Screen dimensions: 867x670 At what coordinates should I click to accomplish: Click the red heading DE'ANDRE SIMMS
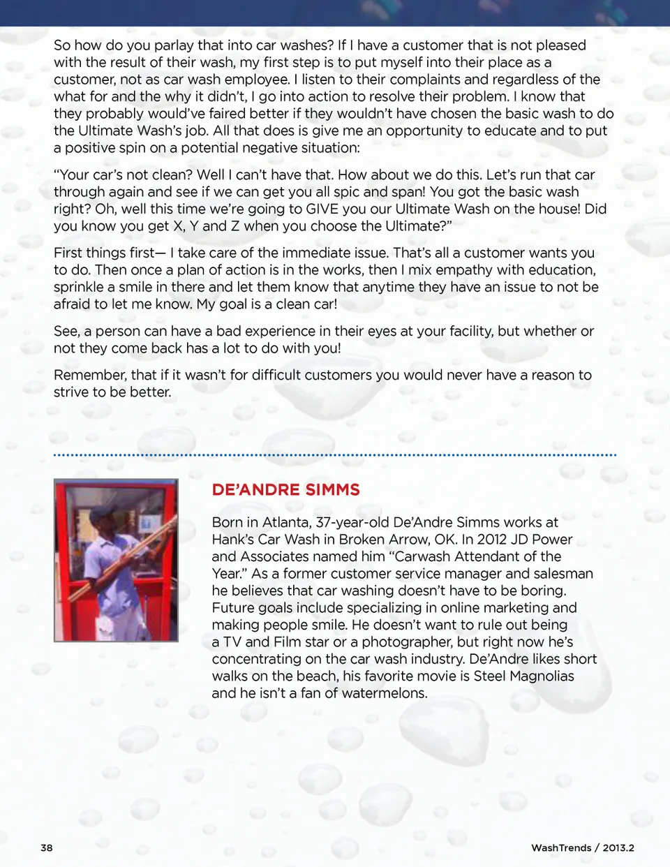click(x=285, y=489)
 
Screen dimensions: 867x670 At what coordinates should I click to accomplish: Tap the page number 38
click(x=46, y=847)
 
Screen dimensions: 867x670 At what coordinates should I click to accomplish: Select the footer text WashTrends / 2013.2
click(x=582, y=847)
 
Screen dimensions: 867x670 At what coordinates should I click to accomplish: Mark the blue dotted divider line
click(x=335, y=455)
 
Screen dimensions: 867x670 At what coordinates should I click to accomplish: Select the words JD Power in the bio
click(x=544, y=539)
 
